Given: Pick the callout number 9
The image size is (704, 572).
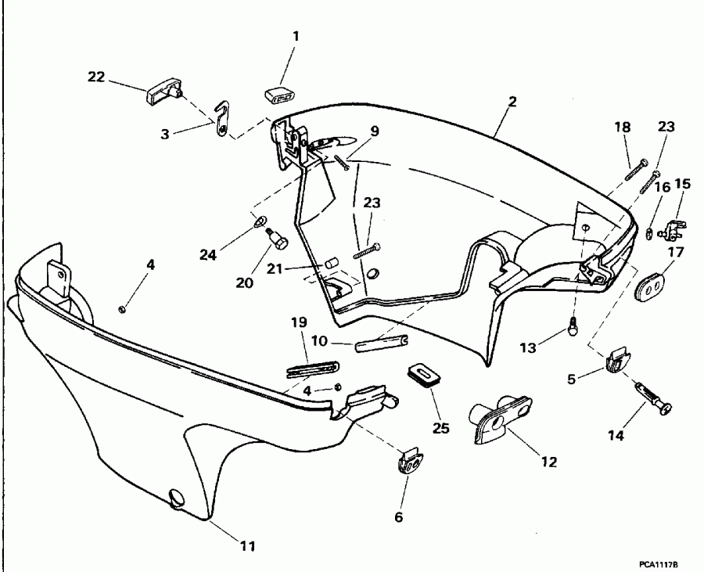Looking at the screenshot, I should point(375,131).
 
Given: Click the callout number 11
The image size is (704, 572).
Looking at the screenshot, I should point(247,545).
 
